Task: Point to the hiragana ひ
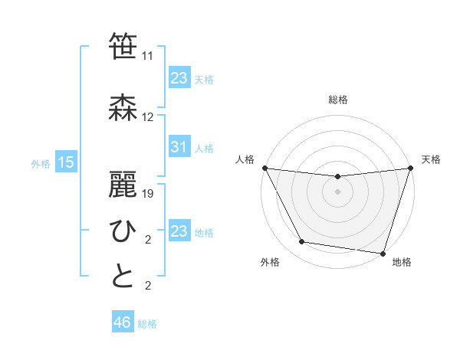tap(123, 231)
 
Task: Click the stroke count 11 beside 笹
tap(148, 57)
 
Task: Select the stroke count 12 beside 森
tap(148, 117)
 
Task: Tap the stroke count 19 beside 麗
tap(148, 194)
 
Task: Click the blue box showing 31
tap(179, 147)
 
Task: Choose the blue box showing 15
tap(65, 162)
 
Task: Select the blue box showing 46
tap(122, 322)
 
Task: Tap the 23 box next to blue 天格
tap(179, 77)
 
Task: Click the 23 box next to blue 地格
tap(179, 231)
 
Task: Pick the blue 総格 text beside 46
tap(147, 324)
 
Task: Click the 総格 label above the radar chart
tap(337, 100)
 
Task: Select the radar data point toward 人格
tap(264, 168)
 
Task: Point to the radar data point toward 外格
tap(301, 242)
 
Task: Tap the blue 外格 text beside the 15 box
tap(41, 163)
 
